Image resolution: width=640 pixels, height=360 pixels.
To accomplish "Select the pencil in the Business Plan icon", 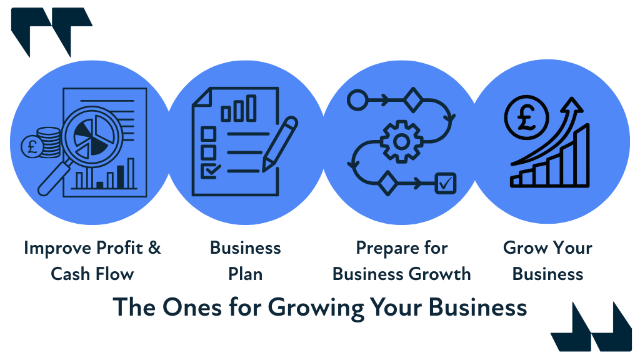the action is click(279, 143).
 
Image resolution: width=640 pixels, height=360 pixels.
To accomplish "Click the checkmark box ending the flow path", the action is click(446, 183).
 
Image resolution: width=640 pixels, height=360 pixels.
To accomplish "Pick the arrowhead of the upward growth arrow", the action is click(573, 106).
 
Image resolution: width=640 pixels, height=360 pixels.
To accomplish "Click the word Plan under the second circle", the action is click(245, 274).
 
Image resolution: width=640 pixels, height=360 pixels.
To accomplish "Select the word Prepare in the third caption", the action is click(381, 248).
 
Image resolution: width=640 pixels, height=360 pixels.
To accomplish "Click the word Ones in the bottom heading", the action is click(186, 307).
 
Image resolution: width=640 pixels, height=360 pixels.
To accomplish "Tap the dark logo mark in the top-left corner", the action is click(51, 30).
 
